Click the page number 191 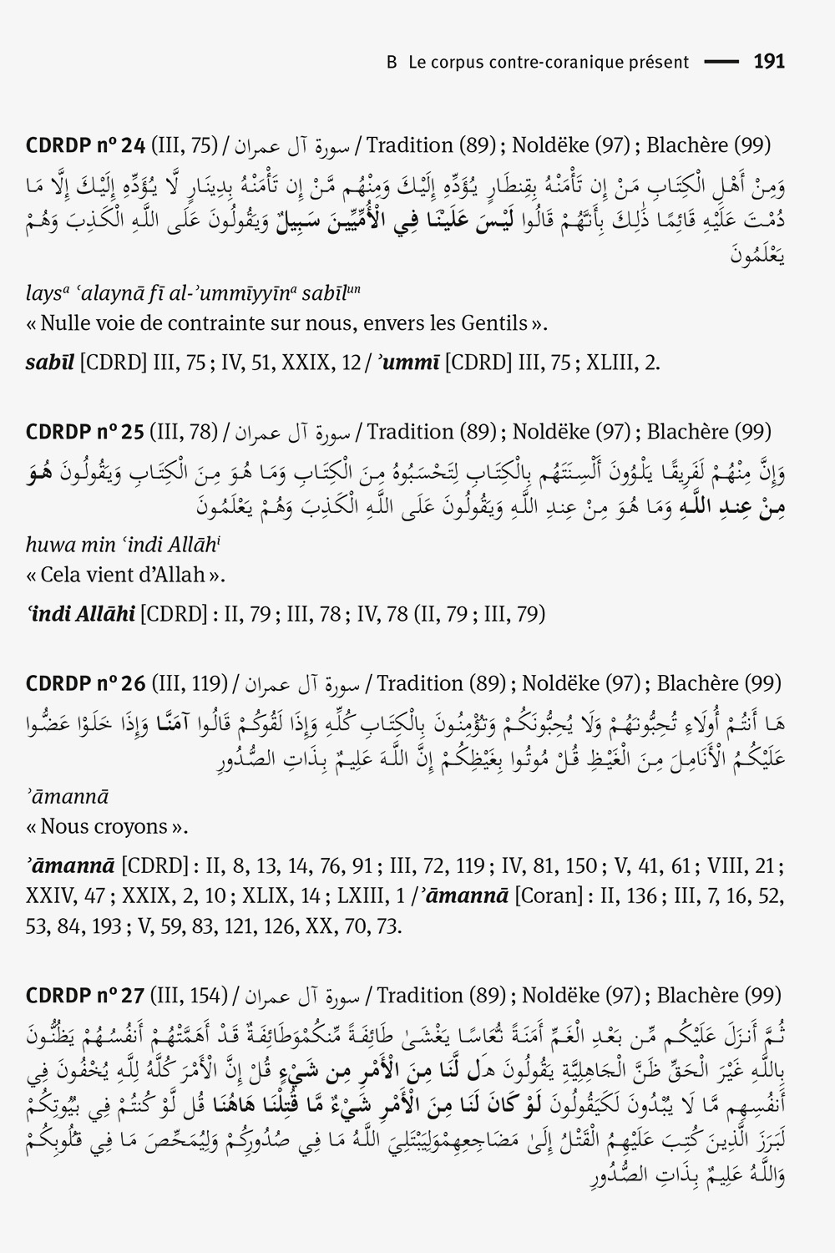769,62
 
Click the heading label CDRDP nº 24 86,145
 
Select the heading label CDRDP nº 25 86,432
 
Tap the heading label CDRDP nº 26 86,683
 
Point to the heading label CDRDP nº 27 86,996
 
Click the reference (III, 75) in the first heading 184,145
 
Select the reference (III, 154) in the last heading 189,996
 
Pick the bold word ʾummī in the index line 408,364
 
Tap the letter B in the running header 392,62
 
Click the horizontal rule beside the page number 722,62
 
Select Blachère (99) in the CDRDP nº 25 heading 709,432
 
